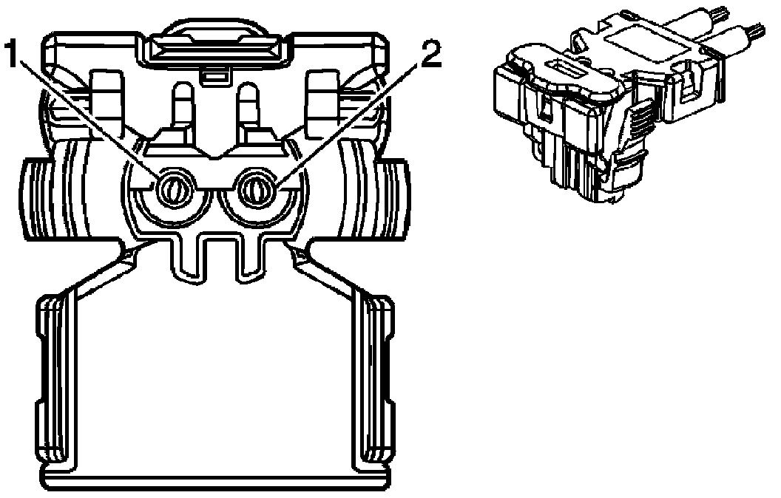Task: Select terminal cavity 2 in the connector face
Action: [256, 190]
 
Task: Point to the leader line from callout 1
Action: [89, 118]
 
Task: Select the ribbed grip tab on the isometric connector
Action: [642, 119]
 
